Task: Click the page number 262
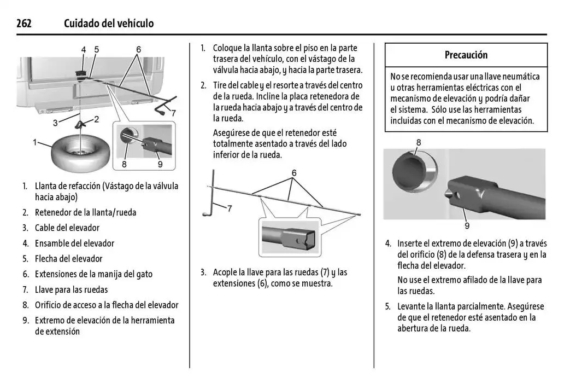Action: point(24,24)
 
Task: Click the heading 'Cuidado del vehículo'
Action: point(109,24)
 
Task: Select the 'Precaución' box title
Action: point(466,55)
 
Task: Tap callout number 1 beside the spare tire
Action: point(35,142)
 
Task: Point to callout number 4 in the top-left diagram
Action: point(84,50)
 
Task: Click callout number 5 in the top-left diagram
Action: point(96,50)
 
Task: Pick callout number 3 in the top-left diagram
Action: point(55,123)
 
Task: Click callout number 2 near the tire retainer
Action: point(96,119)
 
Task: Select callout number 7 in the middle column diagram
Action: point(230,208)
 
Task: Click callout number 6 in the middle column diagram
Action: point(293,173)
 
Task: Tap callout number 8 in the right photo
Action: point(419,143)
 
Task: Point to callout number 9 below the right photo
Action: point(467,225)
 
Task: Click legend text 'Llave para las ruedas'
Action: point(72,289)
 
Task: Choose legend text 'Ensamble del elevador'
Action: point(74,243)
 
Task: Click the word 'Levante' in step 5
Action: point(413,306)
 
